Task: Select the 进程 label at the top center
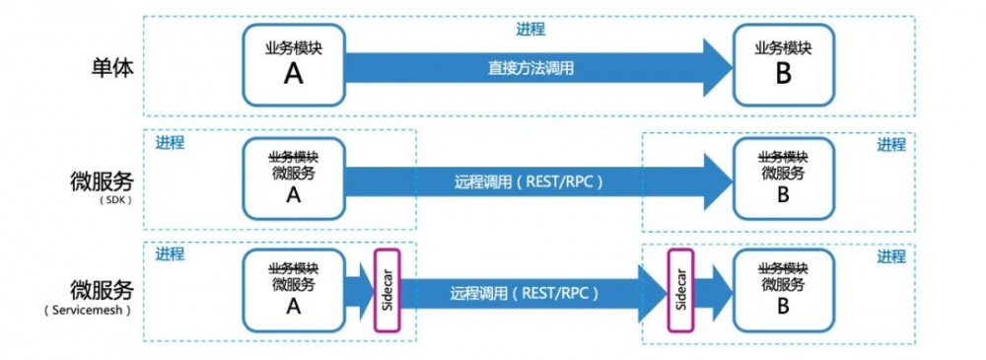click(x=529, y=30)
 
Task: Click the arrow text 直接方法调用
click(x=530, y=69)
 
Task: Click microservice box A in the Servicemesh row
click(x=293, y=292)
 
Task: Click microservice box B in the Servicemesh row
click(x=783, y=292)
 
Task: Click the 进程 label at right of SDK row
click(x=891, y=145)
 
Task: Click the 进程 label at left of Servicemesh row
click(x=170, y=254)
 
